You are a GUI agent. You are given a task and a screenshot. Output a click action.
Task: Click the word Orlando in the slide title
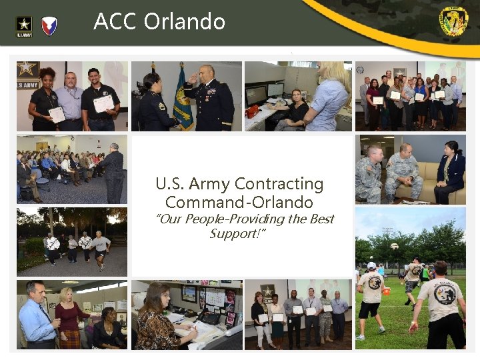185,22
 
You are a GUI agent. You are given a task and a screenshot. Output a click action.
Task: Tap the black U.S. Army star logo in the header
23,27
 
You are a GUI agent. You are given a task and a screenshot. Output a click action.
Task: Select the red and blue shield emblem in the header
49,26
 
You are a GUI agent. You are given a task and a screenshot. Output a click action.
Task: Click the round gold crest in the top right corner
453,21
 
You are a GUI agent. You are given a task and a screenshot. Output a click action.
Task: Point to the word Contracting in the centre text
279,184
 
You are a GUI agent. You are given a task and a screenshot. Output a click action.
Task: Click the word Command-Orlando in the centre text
239,202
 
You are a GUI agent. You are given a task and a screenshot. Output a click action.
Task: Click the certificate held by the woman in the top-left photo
57,115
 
